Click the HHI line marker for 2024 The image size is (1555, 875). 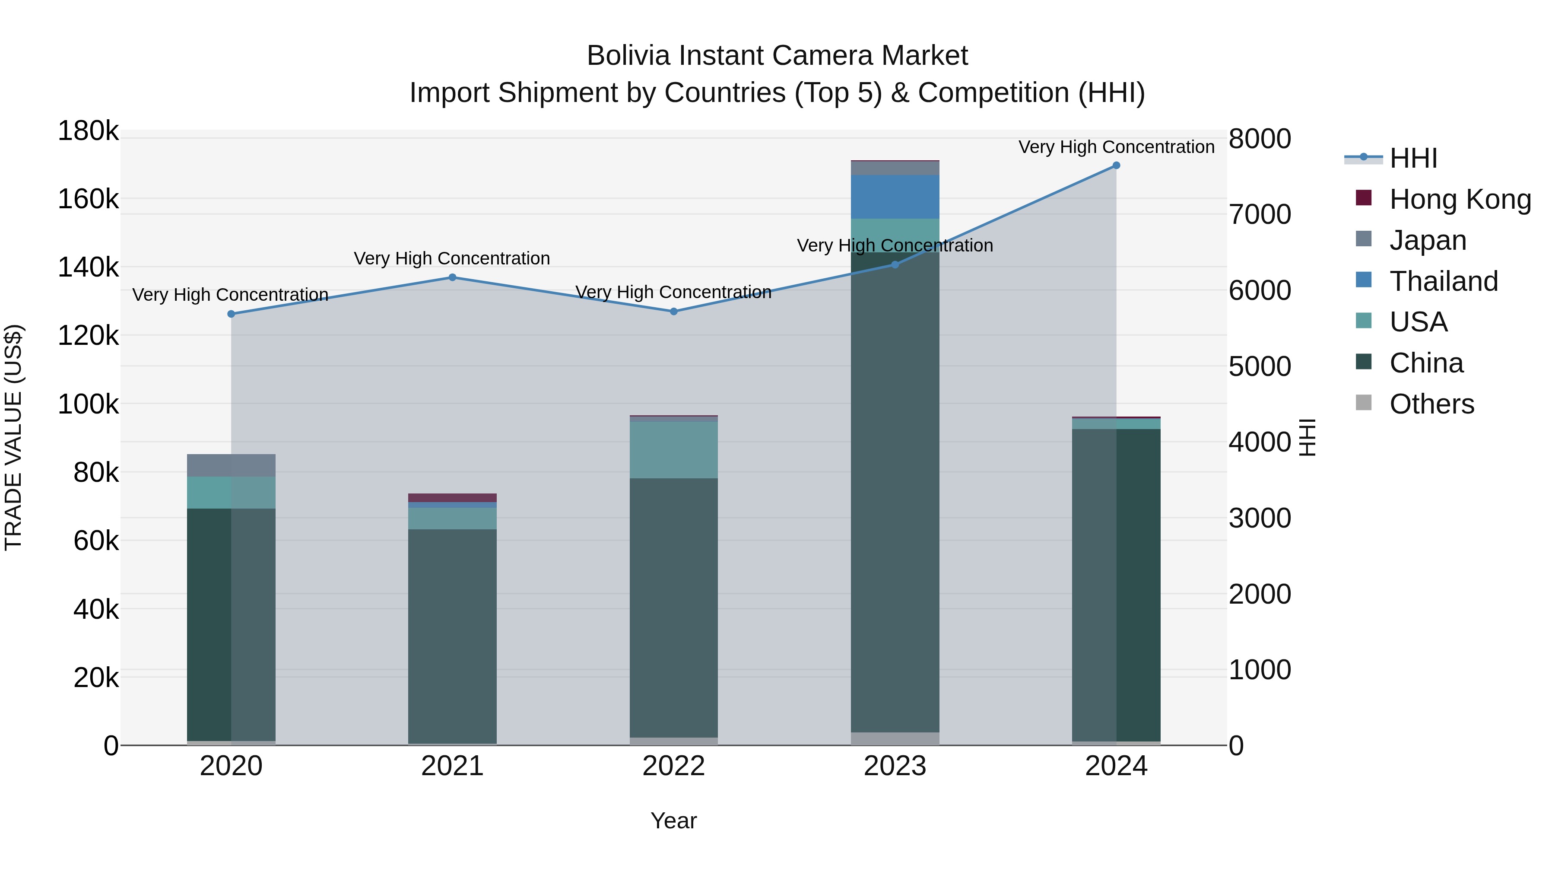(x=1116, y=165)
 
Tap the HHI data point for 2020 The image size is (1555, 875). (x=231, y=314)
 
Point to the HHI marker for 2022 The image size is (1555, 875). (x=674, y=312)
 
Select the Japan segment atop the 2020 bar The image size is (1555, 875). (x=231, y=465)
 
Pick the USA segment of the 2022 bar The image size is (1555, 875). (x=674, y=450)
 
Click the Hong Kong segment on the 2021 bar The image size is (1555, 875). (x=452, y=498)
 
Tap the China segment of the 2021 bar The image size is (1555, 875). (x=452, y=634)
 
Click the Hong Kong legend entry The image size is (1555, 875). (x=1460, y=199)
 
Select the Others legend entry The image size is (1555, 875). (x=1431, y=404)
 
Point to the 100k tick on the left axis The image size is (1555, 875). (x=88, y=404)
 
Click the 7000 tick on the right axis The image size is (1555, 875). (x=1260, y=214)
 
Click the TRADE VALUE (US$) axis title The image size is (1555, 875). (x=13, y=437)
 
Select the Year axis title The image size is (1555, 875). (x=674, y=821)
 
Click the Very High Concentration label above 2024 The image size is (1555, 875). (x=1116, y=147)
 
